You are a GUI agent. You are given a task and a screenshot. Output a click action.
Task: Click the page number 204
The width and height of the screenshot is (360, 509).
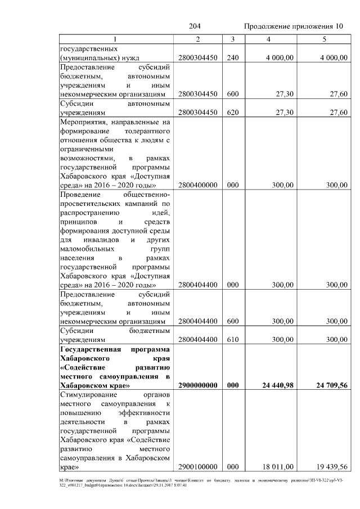[x=195, y=26]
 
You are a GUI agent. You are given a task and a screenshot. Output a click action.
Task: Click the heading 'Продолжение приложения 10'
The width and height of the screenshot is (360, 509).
[x=293, y=26]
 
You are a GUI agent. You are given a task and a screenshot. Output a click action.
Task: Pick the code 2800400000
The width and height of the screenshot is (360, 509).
[x=197, y=184]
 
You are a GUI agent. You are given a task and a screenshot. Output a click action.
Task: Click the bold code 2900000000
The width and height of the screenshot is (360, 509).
[x=197, y=386]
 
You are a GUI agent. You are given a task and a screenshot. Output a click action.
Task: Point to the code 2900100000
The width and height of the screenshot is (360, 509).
[x=197, y=466]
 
